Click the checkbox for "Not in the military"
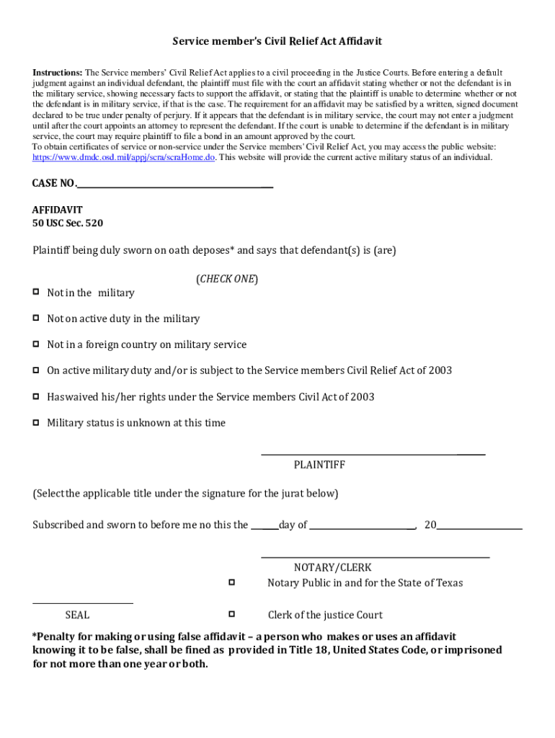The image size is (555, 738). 35,292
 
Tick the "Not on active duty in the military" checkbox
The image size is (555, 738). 35,318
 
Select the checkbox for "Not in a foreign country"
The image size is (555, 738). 35,344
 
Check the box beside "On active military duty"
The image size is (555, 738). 35,370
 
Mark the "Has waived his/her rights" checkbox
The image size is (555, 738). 35,396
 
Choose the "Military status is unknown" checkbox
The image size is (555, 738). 35,422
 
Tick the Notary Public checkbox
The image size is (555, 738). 232,582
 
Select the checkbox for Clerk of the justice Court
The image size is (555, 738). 232,614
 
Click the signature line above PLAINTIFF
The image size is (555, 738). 372,453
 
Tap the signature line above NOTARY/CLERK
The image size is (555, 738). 375,556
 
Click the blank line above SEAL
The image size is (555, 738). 83,603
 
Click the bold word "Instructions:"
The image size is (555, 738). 58,73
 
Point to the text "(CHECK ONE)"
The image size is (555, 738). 227,279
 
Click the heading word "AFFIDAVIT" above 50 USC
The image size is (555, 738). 57,210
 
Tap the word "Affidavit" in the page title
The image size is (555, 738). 358,41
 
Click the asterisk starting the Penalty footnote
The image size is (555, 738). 35,636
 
